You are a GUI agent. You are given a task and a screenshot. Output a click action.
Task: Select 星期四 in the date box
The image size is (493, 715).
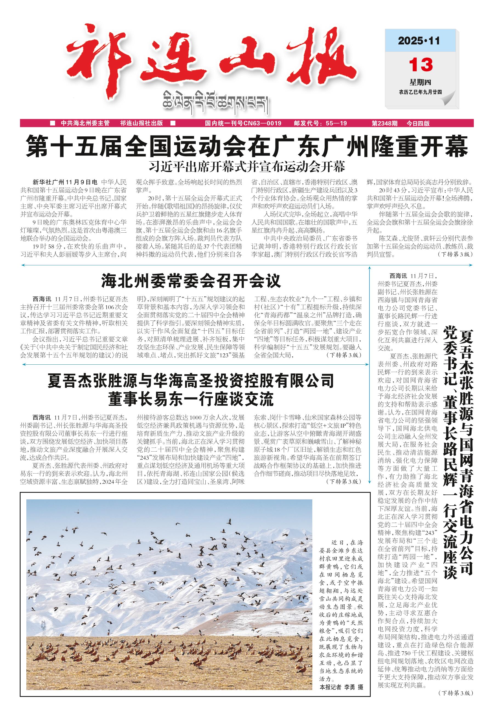420,82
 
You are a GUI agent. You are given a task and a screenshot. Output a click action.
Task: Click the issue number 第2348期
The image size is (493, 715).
385,123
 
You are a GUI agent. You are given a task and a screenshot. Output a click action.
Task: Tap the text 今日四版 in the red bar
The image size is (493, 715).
418,123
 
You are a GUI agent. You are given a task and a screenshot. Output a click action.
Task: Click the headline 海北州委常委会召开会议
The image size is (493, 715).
191,281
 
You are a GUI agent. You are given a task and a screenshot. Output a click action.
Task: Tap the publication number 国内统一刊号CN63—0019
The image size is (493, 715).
243,123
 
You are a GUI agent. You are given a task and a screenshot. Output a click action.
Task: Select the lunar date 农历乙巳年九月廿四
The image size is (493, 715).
420,92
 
